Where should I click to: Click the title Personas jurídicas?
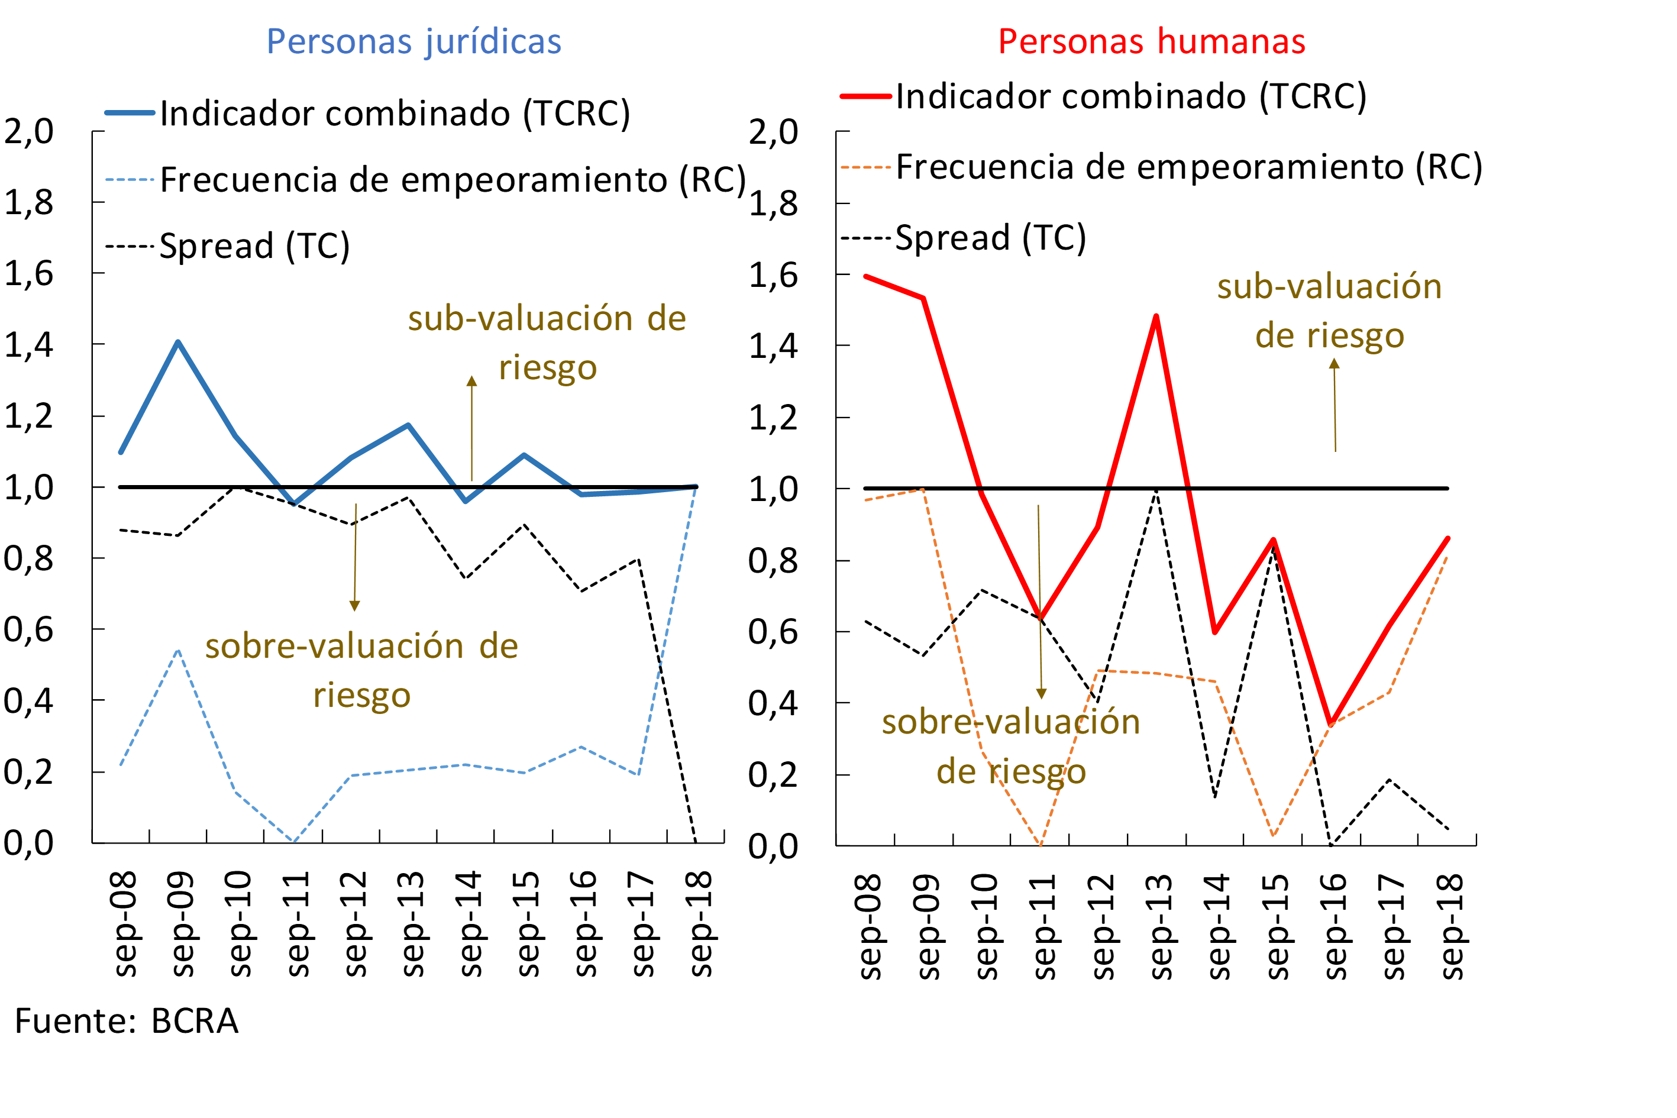pyautogui.click(x=413, y=41)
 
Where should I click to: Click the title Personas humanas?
pyautogui.click(x=1151, y=41)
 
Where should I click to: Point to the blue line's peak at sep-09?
pyautogui.click(x=178, y=342)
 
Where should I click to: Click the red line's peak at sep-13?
pyautogui.click(x=1156, y=316)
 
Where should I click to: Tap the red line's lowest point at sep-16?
pyautogui.click(x=1330, y=723)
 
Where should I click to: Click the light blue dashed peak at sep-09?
pyautogui.click(x=178, y=650)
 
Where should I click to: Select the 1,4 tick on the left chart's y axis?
pyautogui.click(x=28, y=345)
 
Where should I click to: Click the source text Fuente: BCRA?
pyautogui.click(x=126, y=1021)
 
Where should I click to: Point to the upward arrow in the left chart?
pyautogui.click(x=471, y=428)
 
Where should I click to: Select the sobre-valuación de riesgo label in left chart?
pyautogui.click(x=361, y=670)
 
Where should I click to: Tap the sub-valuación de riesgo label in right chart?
pyautogui.click(x=1329, y=311)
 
